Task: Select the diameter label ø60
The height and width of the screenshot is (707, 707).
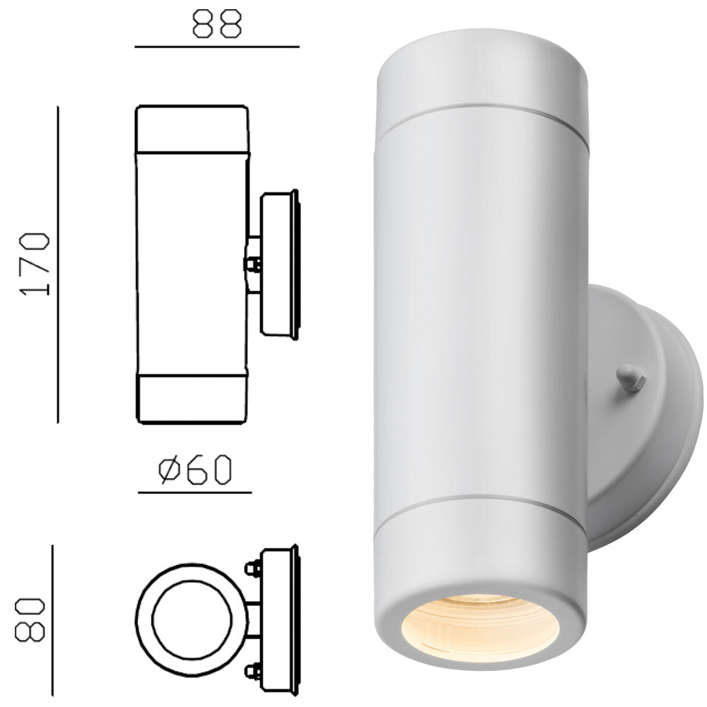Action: point(195,469)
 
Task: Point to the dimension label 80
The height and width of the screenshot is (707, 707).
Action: point(32,620)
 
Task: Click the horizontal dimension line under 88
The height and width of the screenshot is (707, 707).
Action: point(217,47)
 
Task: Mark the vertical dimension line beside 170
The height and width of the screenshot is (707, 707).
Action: point(58,264)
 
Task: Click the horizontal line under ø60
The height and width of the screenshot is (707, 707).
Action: point(195,492)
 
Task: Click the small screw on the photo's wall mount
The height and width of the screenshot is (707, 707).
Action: point(630,378)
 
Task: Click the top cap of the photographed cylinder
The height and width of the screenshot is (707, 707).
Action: point(481,71)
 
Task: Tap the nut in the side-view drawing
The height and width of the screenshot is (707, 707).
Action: point(252,265)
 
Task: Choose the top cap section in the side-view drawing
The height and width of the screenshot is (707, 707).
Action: point(192,129)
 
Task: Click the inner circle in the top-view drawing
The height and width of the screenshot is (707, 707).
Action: point(187,620)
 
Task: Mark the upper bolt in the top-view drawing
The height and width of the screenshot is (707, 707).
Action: point(251,567)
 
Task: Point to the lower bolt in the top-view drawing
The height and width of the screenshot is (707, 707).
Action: point(251,670)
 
